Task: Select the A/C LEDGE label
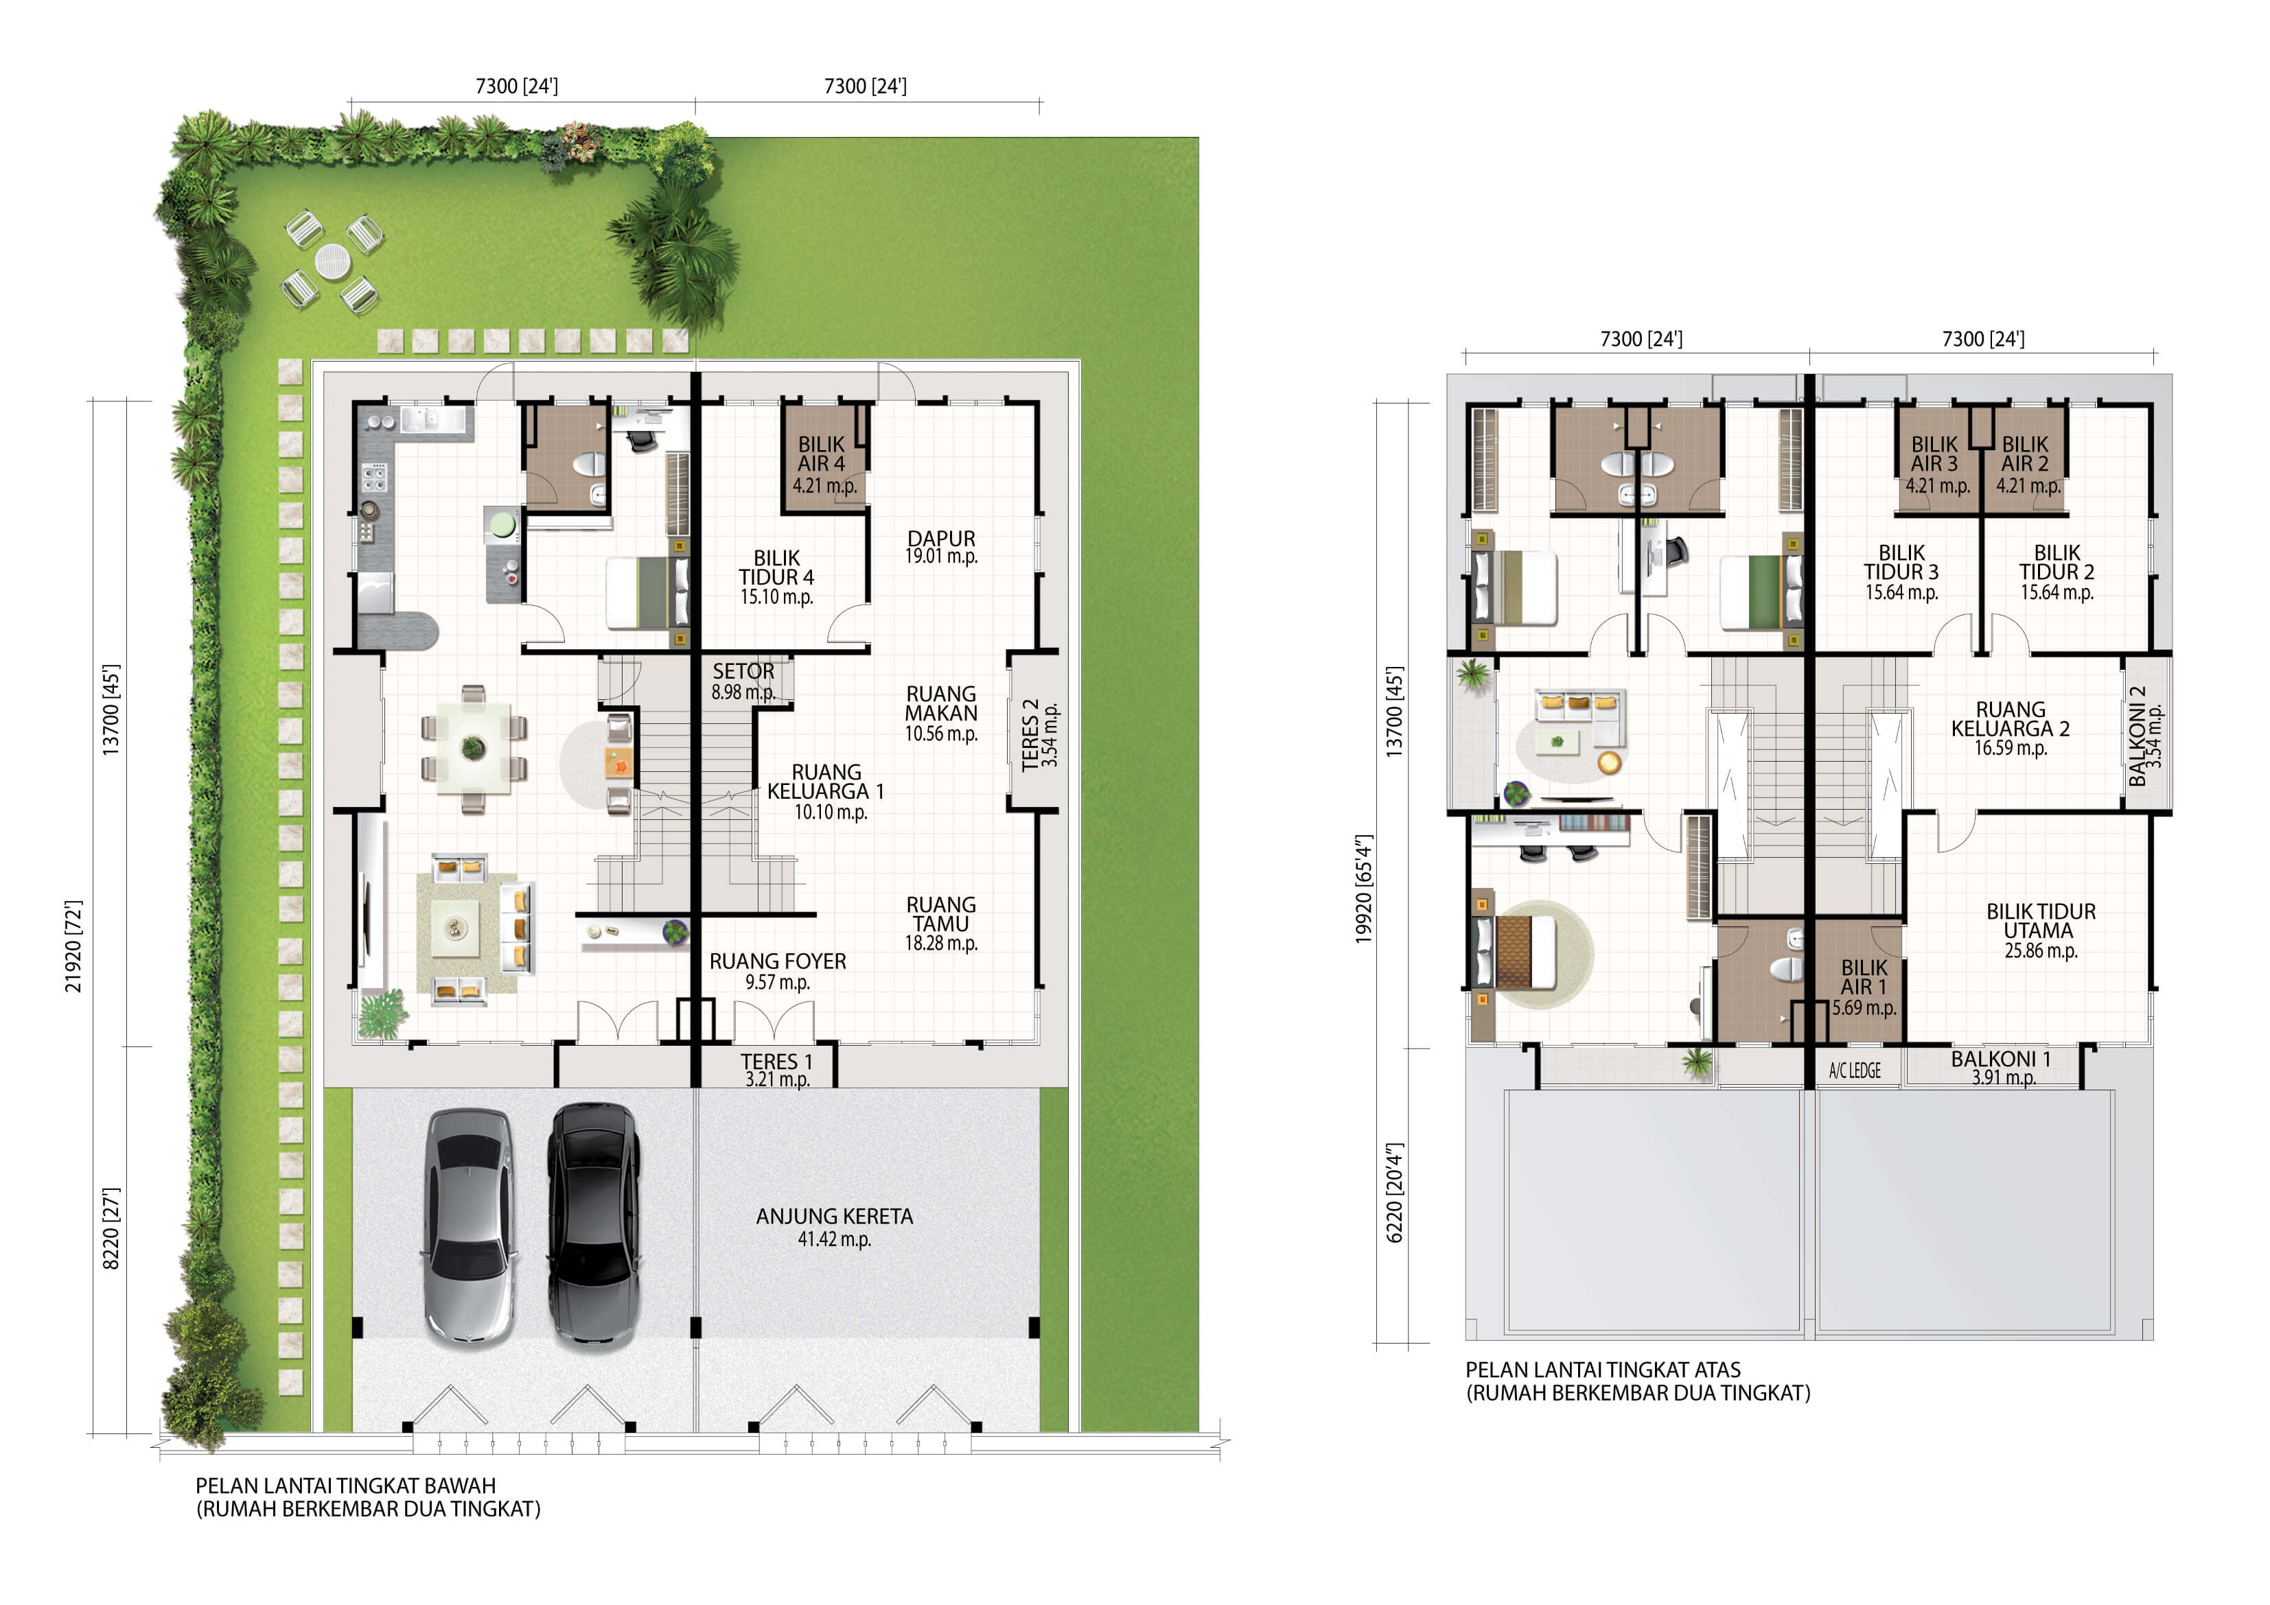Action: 1855,1070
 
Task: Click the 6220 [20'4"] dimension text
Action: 1395,1193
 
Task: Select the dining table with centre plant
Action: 474,748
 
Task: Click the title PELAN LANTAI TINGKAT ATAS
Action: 1603,1370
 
